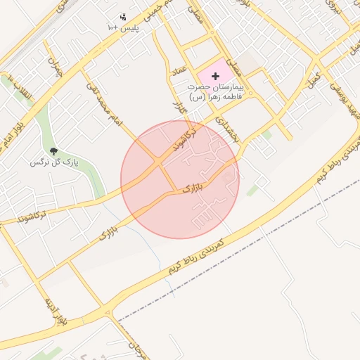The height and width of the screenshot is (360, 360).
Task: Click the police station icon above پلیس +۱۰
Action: coord(123,17)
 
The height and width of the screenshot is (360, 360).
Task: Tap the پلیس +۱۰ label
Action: coord(123,27)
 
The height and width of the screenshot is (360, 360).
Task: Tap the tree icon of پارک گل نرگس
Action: coord(53,151)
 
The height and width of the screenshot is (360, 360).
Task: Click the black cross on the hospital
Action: coord(214,75)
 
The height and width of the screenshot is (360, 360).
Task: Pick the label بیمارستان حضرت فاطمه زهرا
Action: coord(214,91)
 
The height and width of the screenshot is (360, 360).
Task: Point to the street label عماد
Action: coord(178,72)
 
